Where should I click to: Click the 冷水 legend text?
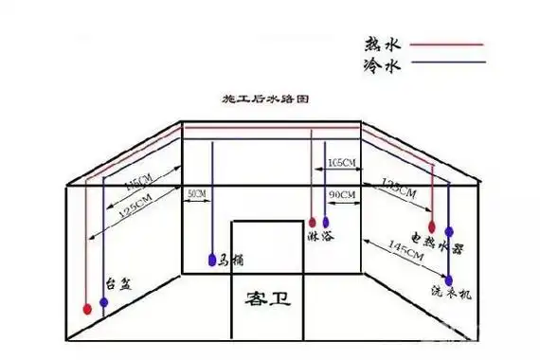pos(379,66)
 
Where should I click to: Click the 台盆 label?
pos(116,282)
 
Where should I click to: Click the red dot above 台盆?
pos(87,308)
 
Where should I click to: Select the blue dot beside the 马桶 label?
pos(211,259)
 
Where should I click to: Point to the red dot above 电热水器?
pos(433,227)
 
